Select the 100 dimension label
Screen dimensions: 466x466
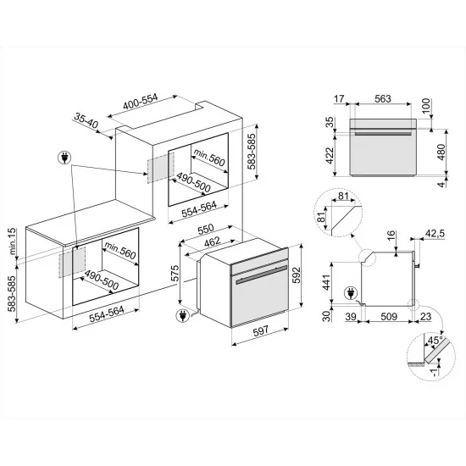point(426,106)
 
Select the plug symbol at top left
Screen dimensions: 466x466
point(64,157)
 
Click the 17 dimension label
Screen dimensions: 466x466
point(339,100)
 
